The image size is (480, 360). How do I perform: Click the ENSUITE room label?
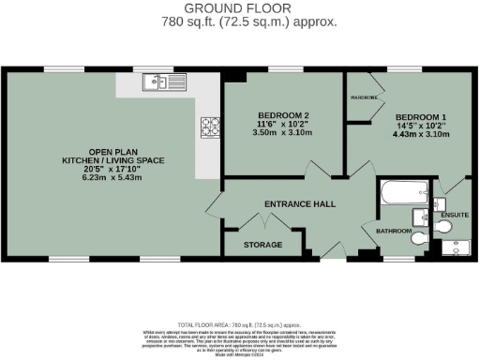(455, 215)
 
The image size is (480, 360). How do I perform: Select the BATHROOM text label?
(394, 231)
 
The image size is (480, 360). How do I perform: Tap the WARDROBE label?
(365, 97)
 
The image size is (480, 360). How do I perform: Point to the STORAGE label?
(262, 245)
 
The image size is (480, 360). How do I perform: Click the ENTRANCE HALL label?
(299, 203)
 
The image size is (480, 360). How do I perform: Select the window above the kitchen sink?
(161, 69)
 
